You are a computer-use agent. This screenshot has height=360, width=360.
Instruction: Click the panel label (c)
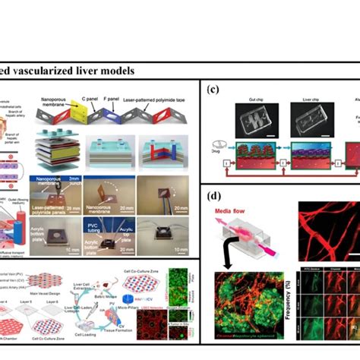point(214,89)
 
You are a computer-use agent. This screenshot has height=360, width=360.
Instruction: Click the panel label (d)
point(214,196)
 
